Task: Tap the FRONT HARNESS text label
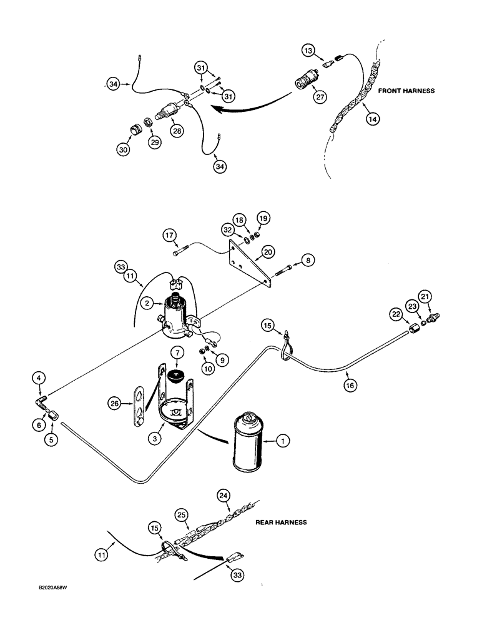coord(407,91)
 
